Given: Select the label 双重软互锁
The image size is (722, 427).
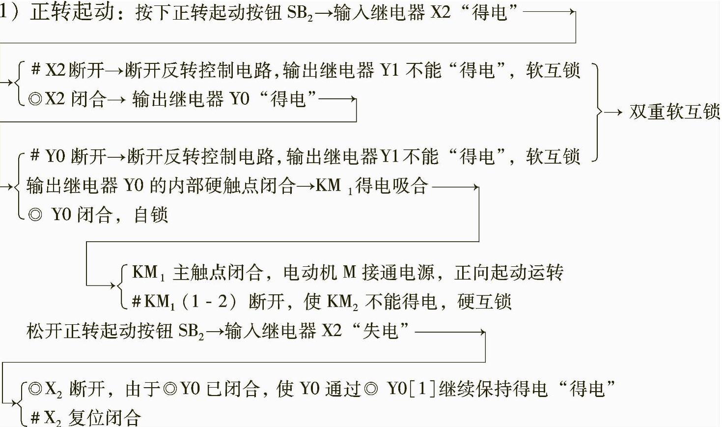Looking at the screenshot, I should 674,112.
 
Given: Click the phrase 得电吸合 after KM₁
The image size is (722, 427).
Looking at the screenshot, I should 391,186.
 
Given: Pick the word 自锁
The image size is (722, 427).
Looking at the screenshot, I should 151,215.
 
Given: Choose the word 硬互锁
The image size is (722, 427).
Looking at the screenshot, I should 484,301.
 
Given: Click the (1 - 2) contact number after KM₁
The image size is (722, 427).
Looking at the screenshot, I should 209,301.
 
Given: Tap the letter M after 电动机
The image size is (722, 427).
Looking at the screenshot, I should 349,272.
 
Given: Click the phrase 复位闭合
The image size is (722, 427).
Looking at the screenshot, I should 104,418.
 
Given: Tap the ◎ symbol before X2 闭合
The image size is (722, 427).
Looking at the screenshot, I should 35,99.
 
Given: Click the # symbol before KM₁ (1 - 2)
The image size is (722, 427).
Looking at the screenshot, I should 137,301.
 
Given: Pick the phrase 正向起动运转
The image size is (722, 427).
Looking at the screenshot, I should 509,272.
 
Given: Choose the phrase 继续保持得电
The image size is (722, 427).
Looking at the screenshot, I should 493,389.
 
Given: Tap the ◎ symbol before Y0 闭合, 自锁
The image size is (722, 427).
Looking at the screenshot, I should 35,215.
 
